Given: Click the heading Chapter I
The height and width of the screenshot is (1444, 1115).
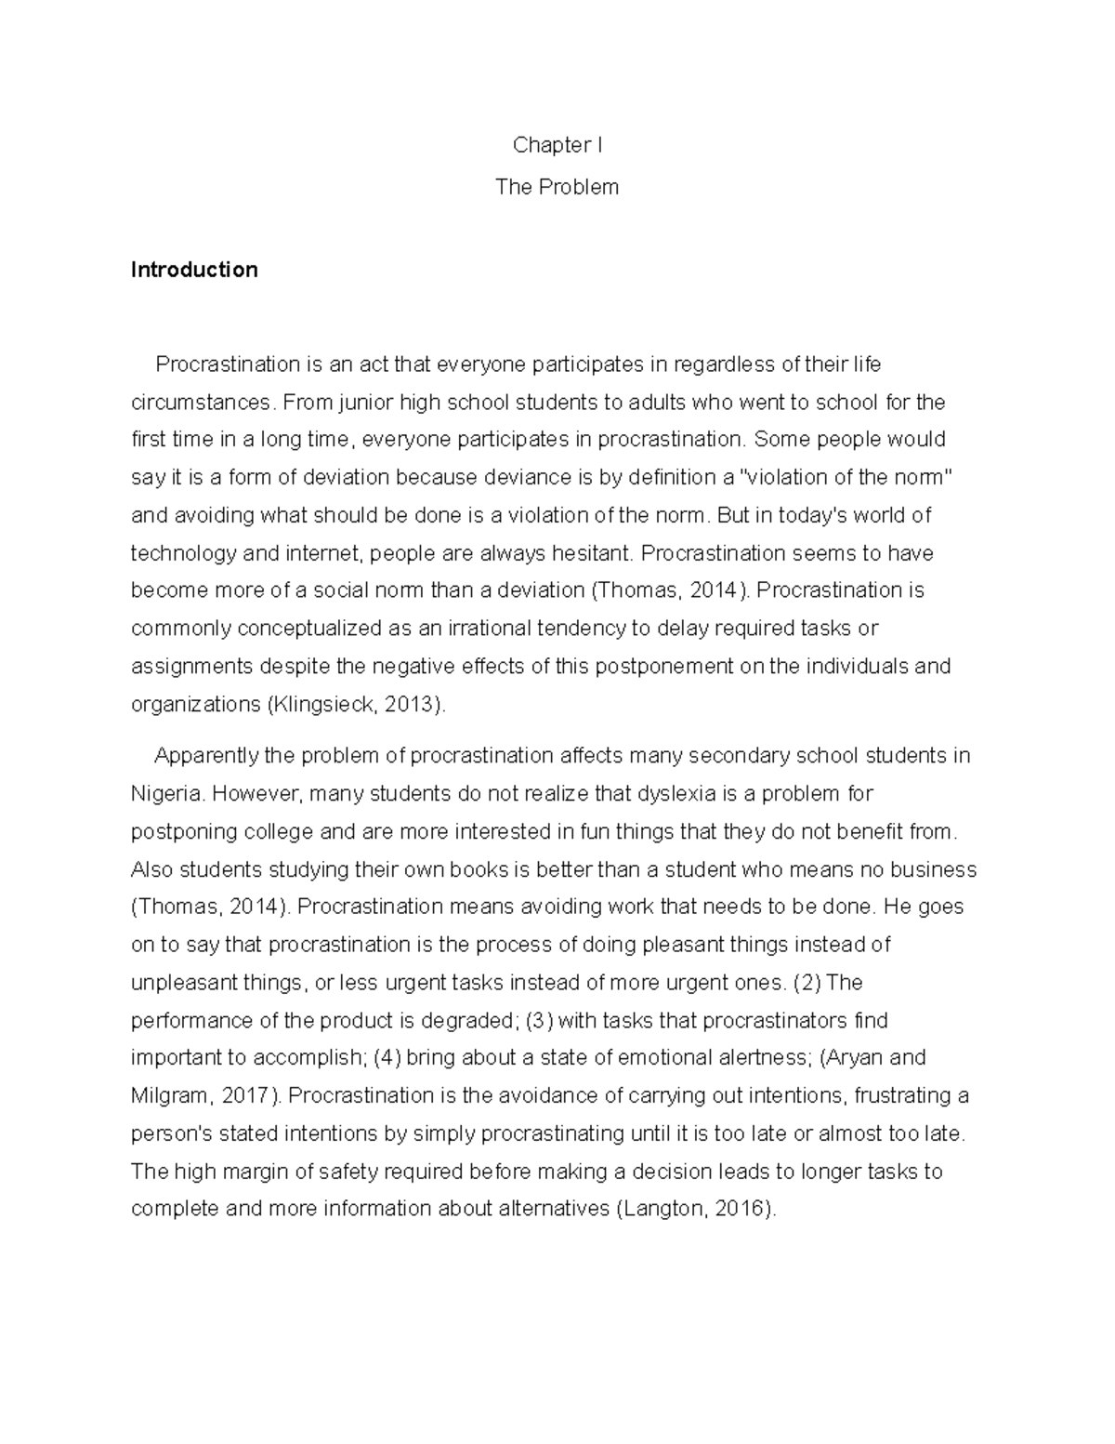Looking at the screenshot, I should [557, 145].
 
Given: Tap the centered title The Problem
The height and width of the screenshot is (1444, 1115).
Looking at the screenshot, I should [557, 187].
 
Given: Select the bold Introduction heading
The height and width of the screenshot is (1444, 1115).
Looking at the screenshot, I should [194, 270].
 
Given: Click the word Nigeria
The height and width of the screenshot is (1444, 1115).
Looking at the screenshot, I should [167, 794].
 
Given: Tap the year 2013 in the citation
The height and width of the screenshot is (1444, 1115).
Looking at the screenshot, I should [409, 704].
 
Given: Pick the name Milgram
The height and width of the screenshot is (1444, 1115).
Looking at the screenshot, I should [169, 1095].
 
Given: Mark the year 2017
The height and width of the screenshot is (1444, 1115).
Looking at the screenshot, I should [245, 1095].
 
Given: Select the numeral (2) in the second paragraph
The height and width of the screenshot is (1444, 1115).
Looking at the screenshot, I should [810, 982].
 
